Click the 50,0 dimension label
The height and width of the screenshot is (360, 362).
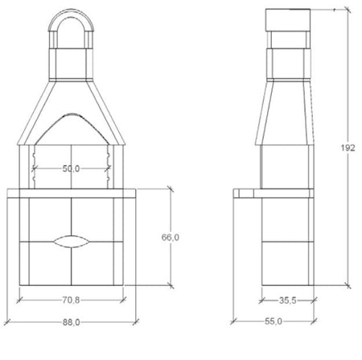[71, 168]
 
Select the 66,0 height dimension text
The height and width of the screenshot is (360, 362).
[171, 238]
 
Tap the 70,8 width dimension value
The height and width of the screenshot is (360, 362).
[71, 300]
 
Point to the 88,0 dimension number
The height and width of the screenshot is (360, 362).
[71, 322]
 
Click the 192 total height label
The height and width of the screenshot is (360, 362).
[348, 148]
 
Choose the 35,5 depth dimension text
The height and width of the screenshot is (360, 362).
[288, 300]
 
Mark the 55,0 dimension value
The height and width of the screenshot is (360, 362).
[274, 321]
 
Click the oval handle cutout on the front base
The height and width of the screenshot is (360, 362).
[71, 242]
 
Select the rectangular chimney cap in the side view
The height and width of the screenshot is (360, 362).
[288, 19]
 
